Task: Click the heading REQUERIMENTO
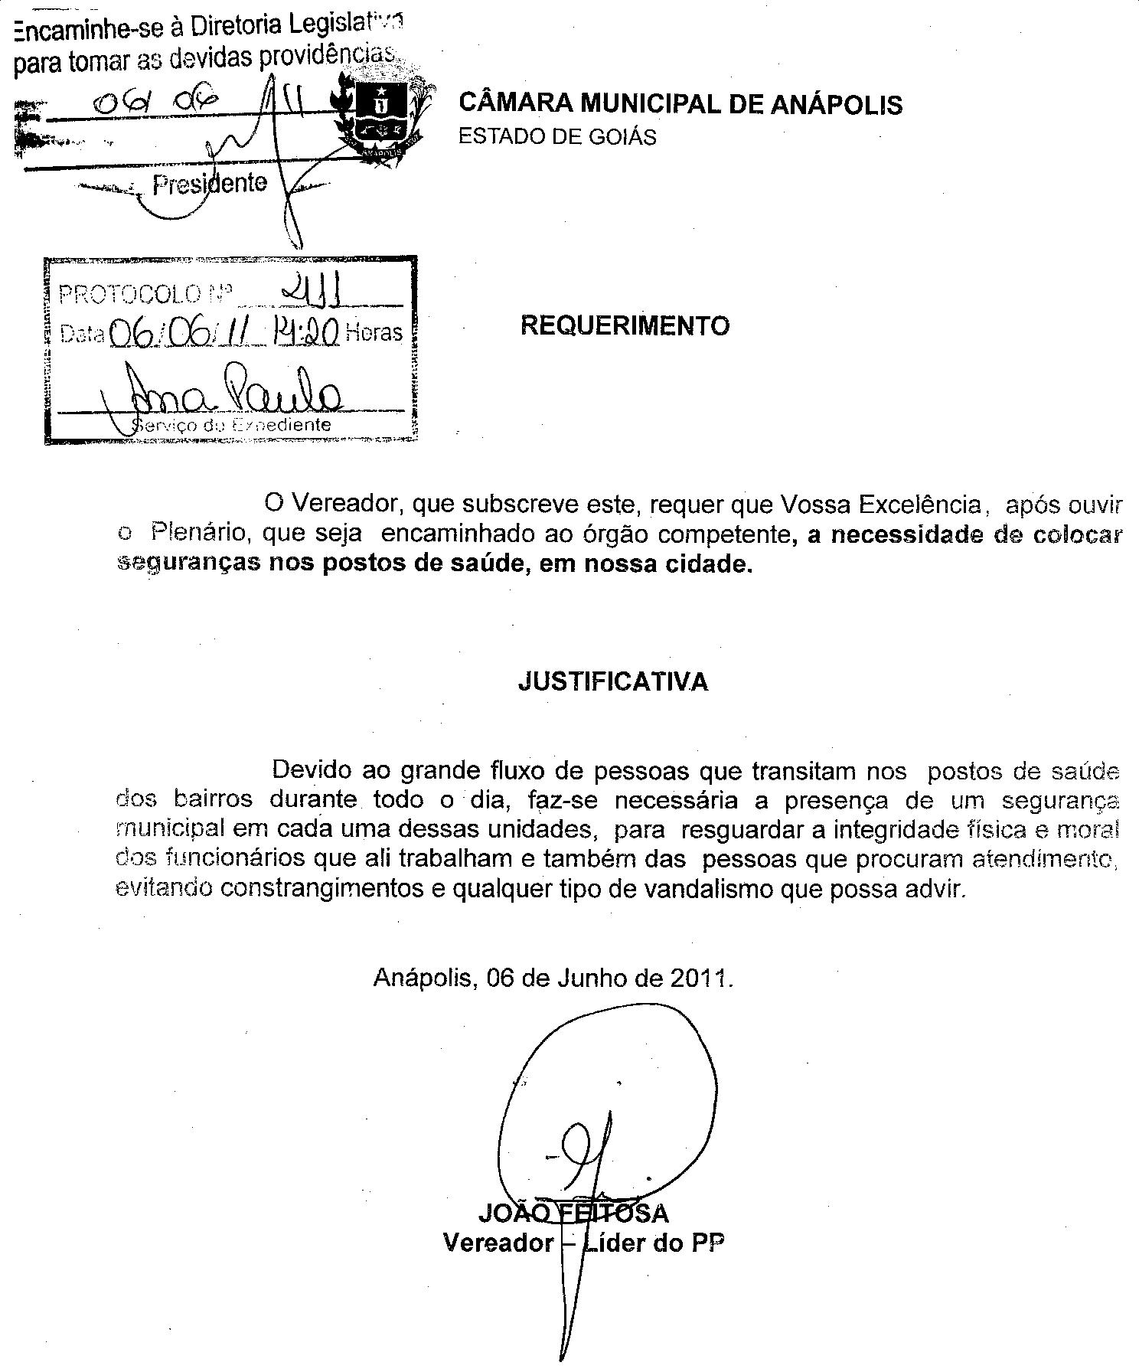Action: [625, 326]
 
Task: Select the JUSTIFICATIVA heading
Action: [613, 681]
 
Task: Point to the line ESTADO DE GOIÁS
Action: [557, 137]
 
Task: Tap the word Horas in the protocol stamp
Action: [374, 332]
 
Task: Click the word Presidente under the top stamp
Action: [210, 184]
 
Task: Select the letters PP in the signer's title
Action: [708, 1242]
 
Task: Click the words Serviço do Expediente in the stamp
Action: [232, 425]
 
